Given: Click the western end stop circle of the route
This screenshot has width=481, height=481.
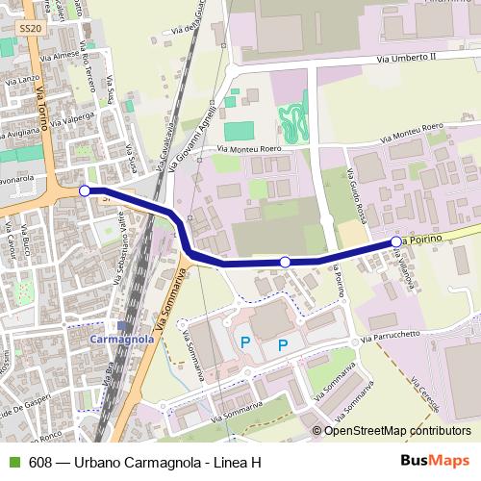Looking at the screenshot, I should (x=85, y=190).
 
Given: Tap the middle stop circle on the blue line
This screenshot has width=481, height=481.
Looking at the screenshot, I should (x=285, y=262).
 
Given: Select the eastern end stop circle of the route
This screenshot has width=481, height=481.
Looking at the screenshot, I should (x=395, y=241).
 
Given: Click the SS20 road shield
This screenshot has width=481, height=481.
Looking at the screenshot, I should (x=31, y=30).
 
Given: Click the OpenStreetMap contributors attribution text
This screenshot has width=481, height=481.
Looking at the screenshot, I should (x=397, y=431).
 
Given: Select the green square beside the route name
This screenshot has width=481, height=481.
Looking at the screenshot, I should (x=14, y=461).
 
